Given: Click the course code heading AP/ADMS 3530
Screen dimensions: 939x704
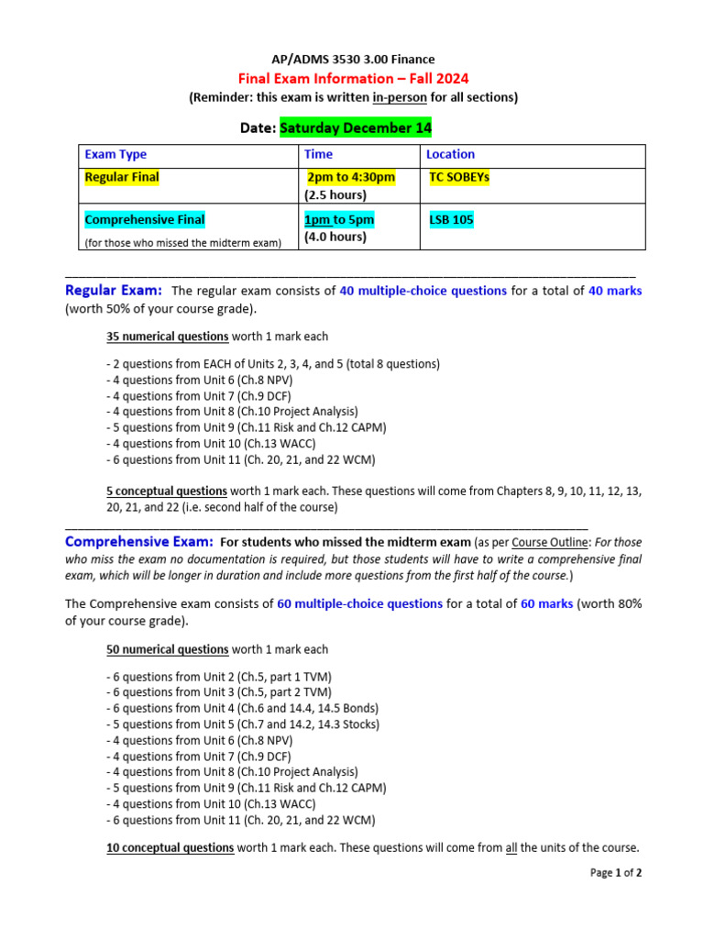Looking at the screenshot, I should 352,60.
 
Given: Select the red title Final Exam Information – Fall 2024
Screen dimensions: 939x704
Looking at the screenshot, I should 353,78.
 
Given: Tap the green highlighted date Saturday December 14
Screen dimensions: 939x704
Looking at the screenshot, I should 356,128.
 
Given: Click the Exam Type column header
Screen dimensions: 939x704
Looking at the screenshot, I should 115,155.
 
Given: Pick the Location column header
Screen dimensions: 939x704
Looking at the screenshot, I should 450,155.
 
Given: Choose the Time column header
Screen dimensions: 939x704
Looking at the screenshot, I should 318,155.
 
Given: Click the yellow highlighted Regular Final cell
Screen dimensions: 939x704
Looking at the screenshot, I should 121,178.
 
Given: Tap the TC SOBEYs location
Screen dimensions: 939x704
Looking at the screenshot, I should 459,178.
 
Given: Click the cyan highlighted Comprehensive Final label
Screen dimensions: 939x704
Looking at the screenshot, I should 145,220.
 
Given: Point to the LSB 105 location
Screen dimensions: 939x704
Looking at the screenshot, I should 452,220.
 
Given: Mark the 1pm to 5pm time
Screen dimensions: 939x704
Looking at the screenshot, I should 339,220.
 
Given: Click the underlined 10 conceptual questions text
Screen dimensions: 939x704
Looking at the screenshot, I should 170,848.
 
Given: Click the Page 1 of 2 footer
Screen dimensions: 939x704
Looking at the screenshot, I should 615,873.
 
